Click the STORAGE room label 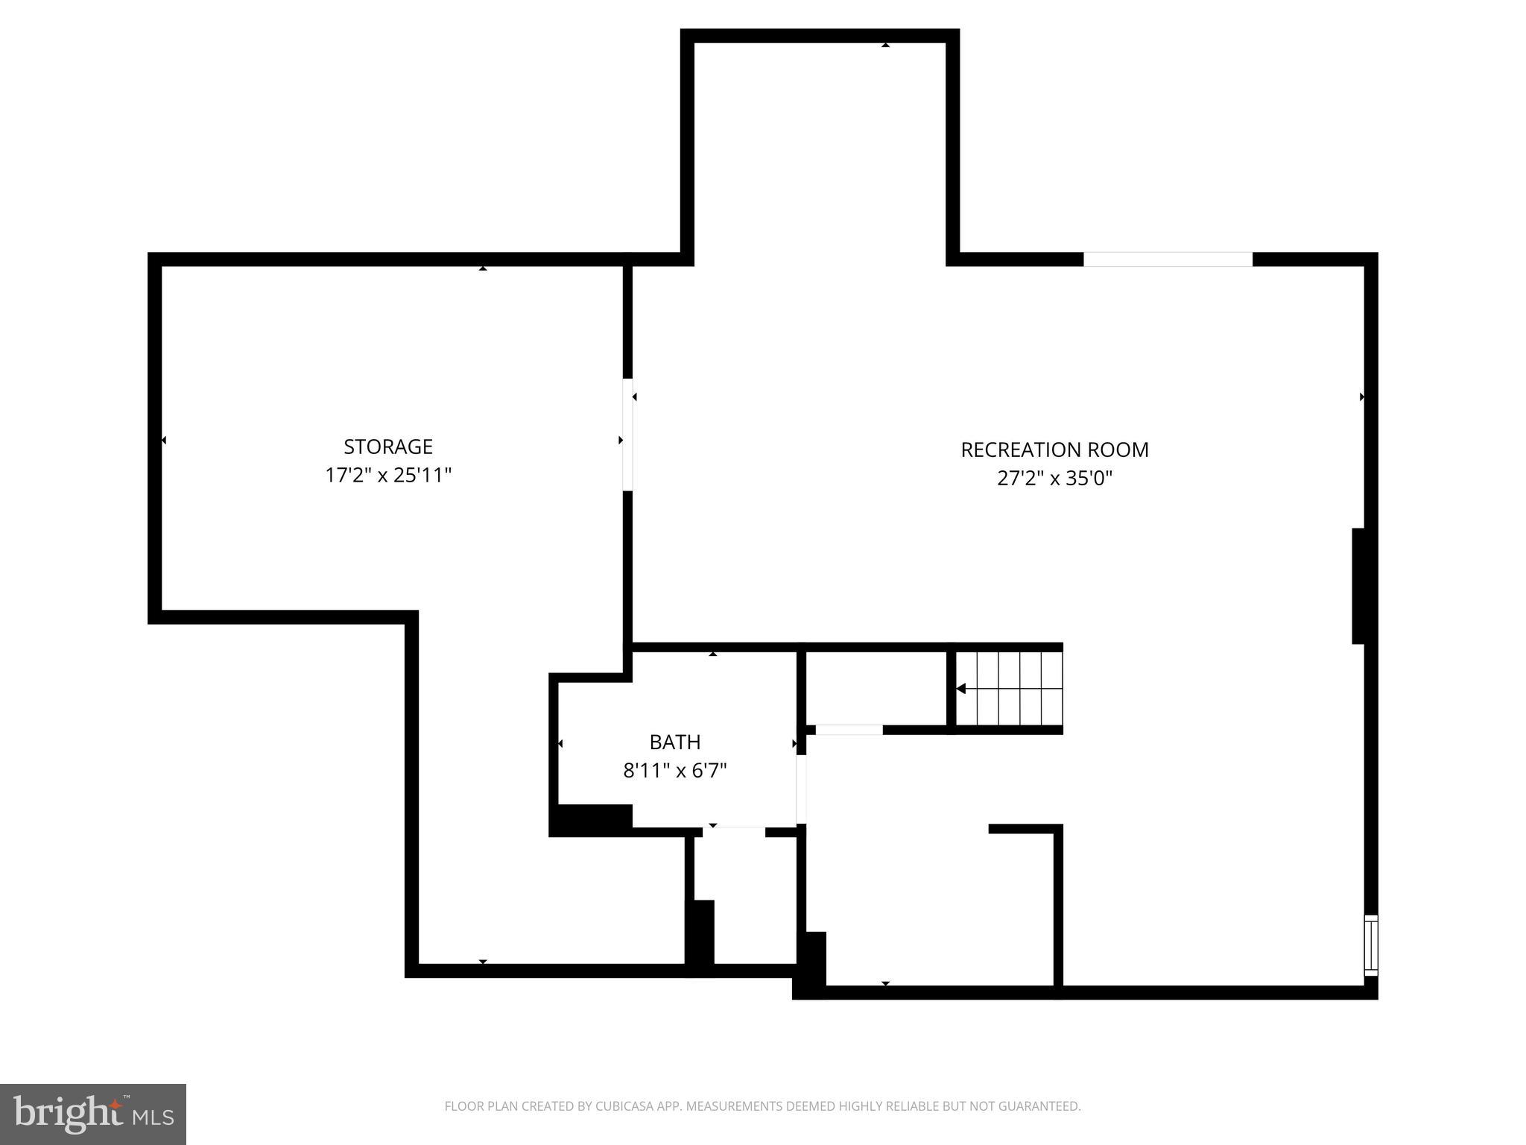(x=387, y=447)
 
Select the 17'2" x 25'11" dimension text (x=387, y=475)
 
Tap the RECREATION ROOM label (x=1054, y=450)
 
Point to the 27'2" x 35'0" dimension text (x=1054, y=478)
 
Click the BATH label (x=675, y=742)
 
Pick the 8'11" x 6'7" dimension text (x=675, y=770)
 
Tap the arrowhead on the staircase (x=961, y=689)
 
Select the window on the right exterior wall (x=1370, y=944)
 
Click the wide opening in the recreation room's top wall (x=1168, y=259)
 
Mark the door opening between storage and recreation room (x=627, y=435)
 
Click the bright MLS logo (x=93, y=1114)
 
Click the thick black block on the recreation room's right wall (x=1358, y=586)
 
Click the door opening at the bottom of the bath (x=734, y=832)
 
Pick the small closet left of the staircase (x=876, y=687)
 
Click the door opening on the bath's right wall (x=802, y=789)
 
